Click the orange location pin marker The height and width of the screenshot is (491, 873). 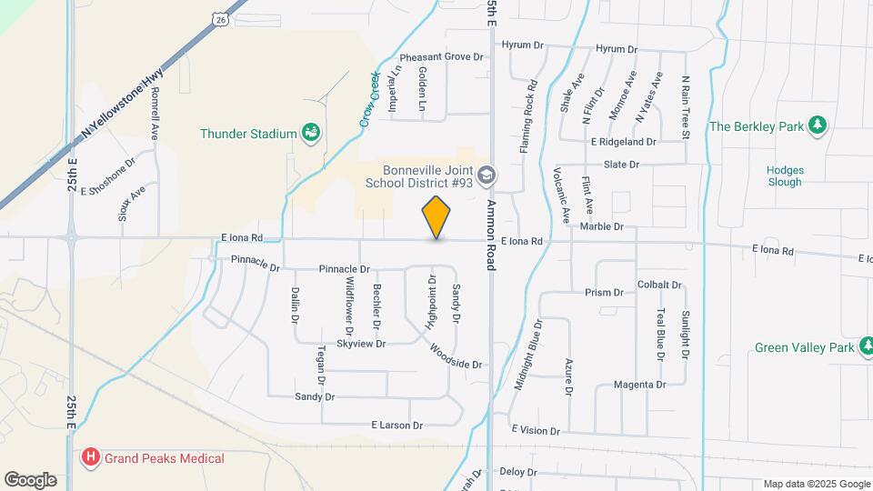click(436, 216)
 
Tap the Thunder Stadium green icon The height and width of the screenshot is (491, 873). click(310, 134)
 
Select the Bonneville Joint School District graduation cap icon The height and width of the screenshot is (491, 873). click(487, 175)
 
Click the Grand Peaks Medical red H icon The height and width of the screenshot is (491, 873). click(90, 457)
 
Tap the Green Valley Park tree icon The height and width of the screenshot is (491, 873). click(868, 347)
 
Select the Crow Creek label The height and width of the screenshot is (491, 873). click(367, 101)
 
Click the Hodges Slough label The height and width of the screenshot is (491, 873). click(784, 175)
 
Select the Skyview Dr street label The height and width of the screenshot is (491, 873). click(361, 344)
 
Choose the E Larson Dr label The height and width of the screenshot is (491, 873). click(397, 425)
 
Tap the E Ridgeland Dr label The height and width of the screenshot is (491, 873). click(623, 142)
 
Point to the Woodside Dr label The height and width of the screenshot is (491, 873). click(455, 357)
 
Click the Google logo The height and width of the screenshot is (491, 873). click(30, 479)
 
